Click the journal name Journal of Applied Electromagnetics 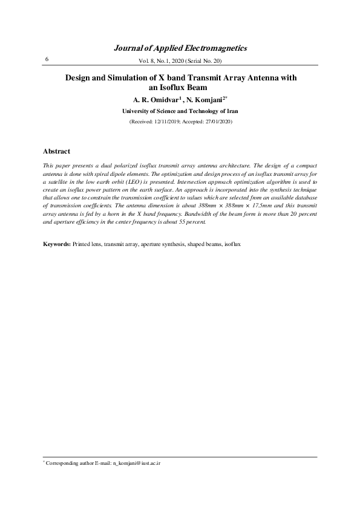180,48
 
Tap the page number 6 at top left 47,59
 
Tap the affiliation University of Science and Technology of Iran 180,111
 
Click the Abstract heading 56,151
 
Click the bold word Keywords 56,244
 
